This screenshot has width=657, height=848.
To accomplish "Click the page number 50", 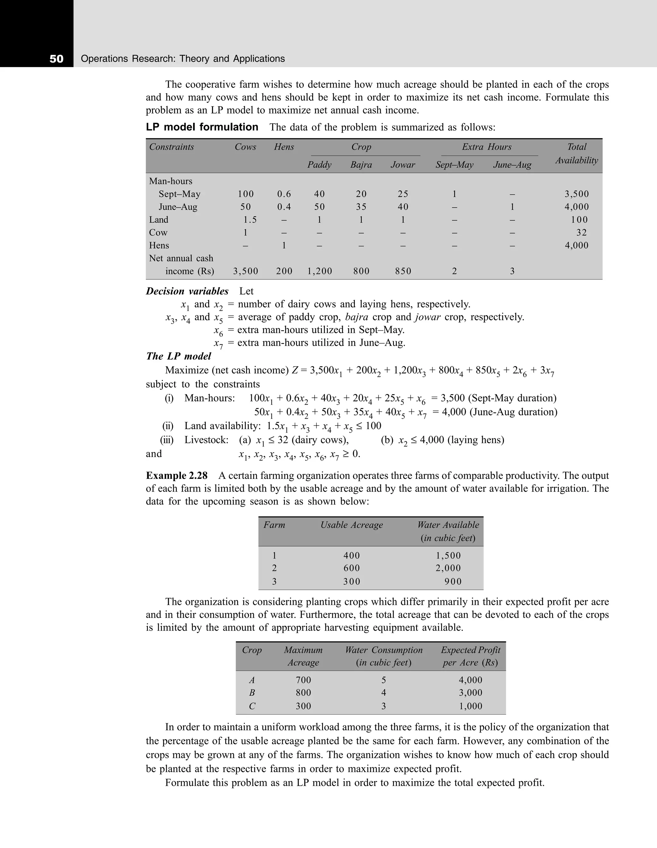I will tap(56, 59).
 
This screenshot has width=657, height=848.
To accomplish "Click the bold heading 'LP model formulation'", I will tap(202, 127).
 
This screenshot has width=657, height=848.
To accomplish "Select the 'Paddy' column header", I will tap(319, 165).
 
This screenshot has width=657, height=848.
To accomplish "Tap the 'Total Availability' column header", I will tap(576, 153).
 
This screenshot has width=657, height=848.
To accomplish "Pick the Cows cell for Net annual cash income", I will tap(245, 271).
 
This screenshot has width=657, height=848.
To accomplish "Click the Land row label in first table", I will tap(159, 220).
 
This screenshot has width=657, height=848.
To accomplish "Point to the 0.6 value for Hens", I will tap(284, 194).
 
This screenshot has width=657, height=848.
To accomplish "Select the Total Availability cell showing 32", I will tap(581, 233).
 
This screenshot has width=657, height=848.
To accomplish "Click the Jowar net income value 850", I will tap(403, 271).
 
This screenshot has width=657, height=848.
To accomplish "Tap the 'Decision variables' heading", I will tap(187, 291).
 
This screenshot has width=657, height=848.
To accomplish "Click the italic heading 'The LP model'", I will tap(179, 356).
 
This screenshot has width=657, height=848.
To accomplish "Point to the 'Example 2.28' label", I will tap(177, 476).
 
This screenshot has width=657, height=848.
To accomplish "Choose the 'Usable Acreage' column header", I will tap(351, 525).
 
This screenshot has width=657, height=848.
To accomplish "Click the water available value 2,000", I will tap(448, 568).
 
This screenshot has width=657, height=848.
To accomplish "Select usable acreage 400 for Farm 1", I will tap(351, 555).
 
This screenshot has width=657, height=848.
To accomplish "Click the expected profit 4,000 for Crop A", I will tap(470, 680).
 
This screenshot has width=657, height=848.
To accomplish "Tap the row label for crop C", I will tap(252, 706).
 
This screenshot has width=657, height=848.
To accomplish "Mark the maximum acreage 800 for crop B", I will tap(303, 693).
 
